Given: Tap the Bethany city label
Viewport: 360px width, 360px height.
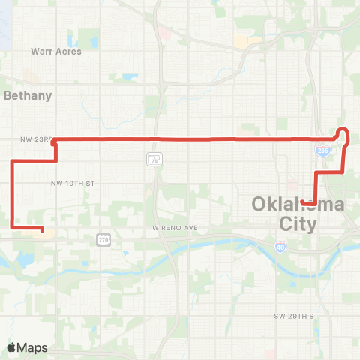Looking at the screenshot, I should (x=28, y=95).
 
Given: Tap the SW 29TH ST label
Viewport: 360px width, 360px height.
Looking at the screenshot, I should (x=296, y=316).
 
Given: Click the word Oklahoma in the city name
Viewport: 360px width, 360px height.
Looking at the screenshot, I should (x=298, y=205).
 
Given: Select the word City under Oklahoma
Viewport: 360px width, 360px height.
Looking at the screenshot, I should (x=298, y=223).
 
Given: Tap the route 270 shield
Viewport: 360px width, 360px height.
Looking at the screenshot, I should (x=103, y=239).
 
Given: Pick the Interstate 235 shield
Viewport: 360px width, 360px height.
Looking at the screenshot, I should (x=322, y=151).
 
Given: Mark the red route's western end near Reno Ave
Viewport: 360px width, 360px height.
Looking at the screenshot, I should (x=42, y=230).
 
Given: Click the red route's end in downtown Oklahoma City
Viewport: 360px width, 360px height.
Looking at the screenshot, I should (x=301, y=202).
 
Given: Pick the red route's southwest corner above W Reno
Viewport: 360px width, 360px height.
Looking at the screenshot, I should (x=13, y=226).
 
